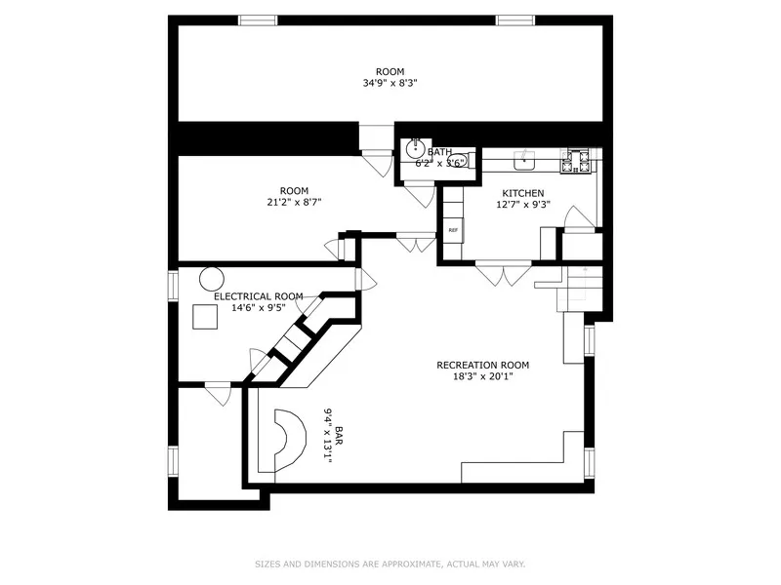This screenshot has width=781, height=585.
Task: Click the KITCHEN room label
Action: tap(522, 193)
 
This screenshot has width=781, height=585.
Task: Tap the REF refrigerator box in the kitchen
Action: tap(453, 230)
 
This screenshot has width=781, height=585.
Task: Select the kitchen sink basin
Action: tap(525, 158)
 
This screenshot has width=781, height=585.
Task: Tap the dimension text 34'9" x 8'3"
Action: tap(390, 84)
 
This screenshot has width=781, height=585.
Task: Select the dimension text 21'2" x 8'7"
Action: tap(294, 202)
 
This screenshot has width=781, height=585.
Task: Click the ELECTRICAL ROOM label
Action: tap(258, 295)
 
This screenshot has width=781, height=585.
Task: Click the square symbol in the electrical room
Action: tap(205, 318)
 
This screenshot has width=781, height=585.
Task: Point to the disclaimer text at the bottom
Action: tap(390, 564)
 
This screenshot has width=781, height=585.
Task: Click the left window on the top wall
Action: tap(257, 19)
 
